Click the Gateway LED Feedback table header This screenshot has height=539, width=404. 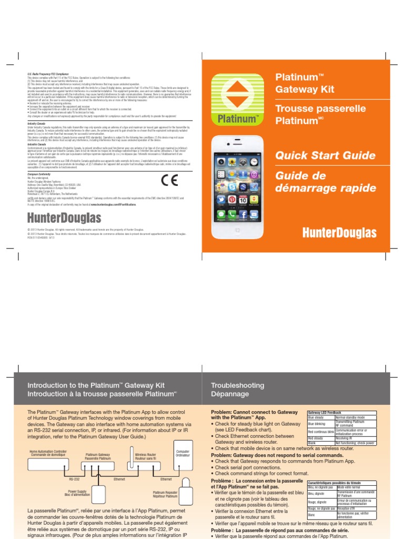pyautogui.click(x=325, y=412)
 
